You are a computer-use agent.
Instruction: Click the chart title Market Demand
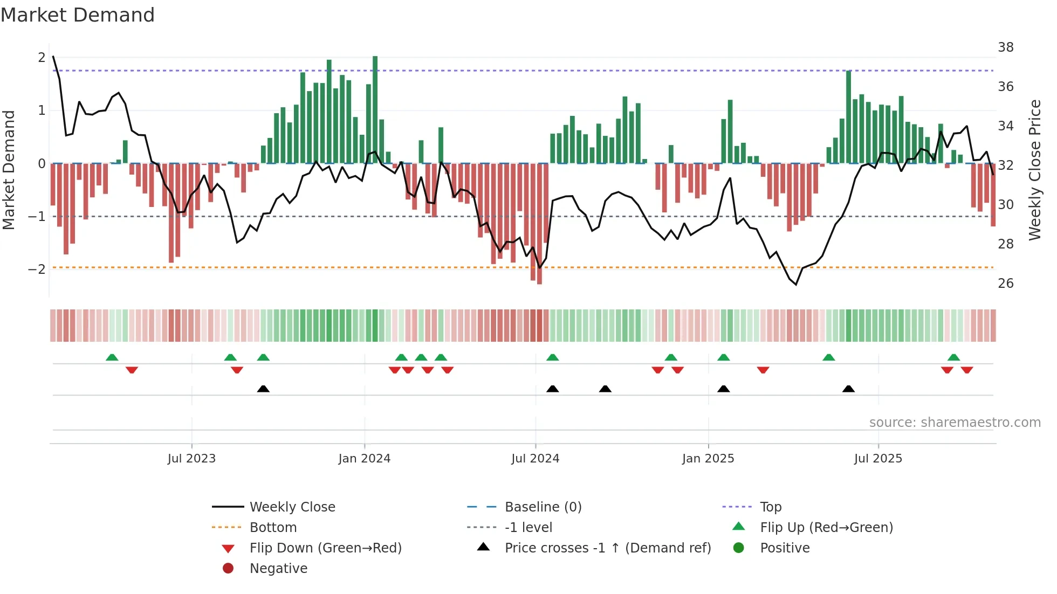click(78, 15)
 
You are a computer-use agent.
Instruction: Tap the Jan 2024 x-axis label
click(364, 459)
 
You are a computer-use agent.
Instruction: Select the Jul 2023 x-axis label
click(191, 459)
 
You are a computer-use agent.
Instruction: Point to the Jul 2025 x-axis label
click(878, 459)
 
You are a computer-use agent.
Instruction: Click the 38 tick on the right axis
click(1005, 47)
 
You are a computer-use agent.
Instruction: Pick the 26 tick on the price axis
click(1005, 284)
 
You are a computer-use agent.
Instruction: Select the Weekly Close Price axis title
click(1034, 170)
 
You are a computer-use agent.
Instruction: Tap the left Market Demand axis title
click(9, 170)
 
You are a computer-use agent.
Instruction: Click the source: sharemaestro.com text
click(955, 423)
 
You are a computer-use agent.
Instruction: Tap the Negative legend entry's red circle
click(228, 569)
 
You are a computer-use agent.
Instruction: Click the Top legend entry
click(770, 507)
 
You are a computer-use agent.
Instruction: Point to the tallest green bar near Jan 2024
click(375, 108)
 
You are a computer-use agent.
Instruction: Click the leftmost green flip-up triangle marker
click(112, 357)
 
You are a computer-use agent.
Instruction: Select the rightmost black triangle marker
click(848, 389)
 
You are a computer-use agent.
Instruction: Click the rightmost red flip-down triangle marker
click(966, 370)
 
